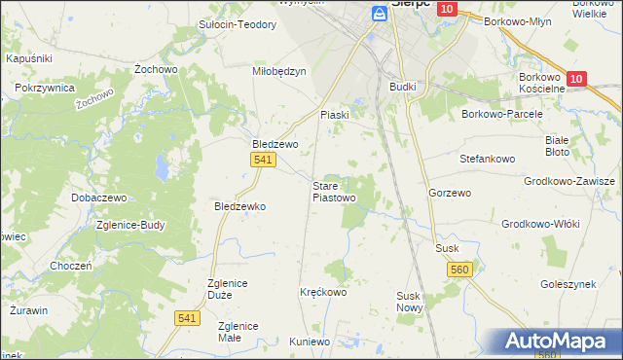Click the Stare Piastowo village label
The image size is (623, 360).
click(333, 192)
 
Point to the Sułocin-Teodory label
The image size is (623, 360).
click(238, 25)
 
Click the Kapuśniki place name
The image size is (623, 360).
click(28, 59)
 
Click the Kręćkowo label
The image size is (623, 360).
click(323, 291)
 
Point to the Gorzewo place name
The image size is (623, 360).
click(450, 193)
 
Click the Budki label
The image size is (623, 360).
click(402, 87)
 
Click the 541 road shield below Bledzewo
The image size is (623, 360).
click(261, 161)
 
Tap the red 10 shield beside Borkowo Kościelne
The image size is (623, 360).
click(574, 79)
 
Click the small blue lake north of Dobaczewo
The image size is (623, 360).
click(158, 173)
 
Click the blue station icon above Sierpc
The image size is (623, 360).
click(381, 13)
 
